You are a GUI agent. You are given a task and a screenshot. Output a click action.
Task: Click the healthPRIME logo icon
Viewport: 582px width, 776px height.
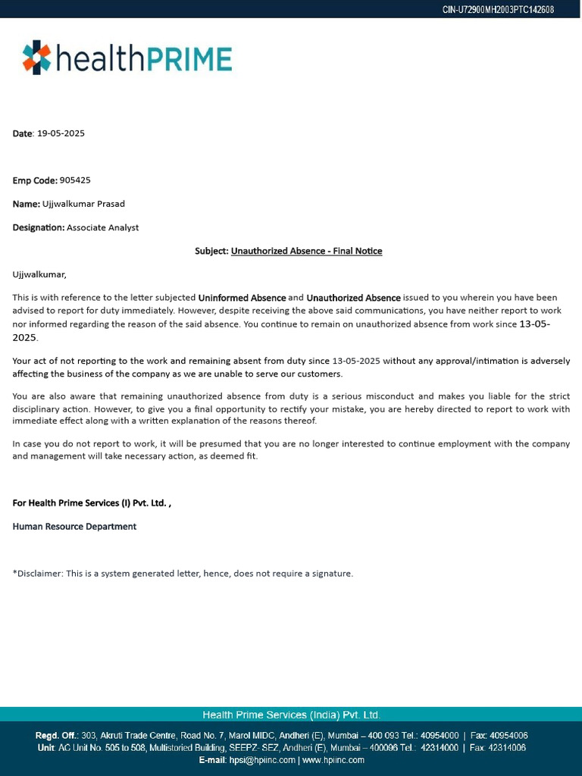tap(36, 58)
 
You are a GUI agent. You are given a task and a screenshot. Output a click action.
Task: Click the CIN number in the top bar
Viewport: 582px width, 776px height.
tap(498, 9)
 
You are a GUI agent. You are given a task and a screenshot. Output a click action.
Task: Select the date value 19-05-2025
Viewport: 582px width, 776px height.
tap(61, 133)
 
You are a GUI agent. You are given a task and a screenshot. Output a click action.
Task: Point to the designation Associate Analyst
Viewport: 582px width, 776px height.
tap(102, 227)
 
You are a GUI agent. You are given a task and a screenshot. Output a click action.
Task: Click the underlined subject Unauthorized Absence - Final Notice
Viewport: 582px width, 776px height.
tap(306, 251)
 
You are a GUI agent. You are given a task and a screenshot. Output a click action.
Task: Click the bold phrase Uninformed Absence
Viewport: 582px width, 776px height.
tap(242, 298)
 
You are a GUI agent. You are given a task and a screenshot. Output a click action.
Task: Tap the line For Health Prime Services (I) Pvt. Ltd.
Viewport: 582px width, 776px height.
tap(91, 502)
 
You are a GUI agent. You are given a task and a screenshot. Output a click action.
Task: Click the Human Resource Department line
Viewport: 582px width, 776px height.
tap(74, 526)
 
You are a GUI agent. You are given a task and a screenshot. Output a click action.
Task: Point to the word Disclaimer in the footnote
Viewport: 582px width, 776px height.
tap(39, 573)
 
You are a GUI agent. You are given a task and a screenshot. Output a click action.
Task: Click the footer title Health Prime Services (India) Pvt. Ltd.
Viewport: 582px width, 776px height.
tap(291, 715)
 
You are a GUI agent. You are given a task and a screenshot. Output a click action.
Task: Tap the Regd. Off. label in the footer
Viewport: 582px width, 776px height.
tap(56, 735)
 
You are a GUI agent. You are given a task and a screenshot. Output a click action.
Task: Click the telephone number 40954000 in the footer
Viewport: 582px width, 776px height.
tap(440, 735)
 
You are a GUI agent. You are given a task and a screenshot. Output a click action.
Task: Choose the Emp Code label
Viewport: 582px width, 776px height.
tap(34, 180)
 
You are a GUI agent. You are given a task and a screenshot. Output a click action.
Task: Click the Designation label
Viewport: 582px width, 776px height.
tap(38, 227)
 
